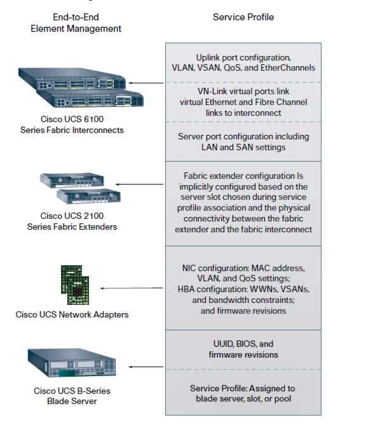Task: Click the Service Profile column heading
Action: (x=243, y=17)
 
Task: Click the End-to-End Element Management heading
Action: (x=76, y=23)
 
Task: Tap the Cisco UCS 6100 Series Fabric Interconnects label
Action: (x=72, y=125)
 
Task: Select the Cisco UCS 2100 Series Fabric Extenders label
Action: (x=72, y=221)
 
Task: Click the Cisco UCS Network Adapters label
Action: (x=72, y=314)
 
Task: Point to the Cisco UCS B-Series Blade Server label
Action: (x=72, y=396)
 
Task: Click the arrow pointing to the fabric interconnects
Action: (x=146, y=83)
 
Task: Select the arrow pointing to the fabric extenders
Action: (x=140, y=184)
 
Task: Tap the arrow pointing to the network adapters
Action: (x=132, y=288)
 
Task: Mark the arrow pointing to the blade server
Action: (x=146, y=367)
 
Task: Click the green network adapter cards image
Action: (x=75, y=285)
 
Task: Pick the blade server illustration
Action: (x=72, y=363)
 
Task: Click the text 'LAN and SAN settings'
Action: (x=243, y=147)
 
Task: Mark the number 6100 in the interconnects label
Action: (x=93, y=119)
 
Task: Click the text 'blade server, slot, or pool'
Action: (x=243, y=399)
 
